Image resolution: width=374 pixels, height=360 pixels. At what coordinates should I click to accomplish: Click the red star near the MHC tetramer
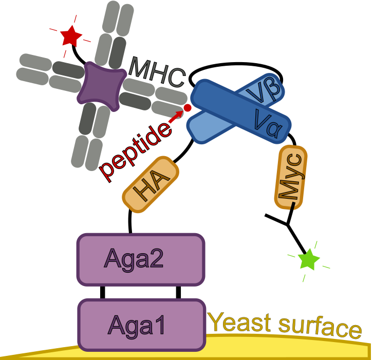[x=70, y=36]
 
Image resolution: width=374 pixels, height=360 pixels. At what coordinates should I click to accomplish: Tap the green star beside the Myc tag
[x=309, y=259]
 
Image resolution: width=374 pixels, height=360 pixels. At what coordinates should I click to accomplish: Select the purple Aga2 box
[x=141, y=259]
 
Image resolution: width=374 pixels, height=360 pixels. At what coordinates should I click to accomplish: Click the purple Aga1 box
[x=141, y=325]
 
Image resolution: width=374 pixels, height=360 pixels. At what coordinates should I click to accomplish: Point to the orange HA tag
[x=151, y=184]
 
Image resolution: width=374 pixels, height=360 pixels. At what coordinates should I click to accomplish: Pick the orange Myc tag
[x=291, y=177]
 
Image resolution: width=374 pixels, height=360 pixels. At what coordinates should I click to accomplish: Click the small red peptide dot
[x=188, y=108]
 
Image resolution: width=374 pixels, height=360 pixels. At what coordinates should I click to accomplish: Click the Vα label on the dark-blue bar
[x=268, y=119]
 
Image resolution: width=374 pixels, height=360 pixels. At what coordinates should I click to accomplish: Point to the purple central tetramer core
[x=101, y=86]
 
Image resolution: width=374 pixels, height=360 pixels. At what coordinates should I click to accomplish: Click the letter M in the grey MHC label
[x=140, y=67]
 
